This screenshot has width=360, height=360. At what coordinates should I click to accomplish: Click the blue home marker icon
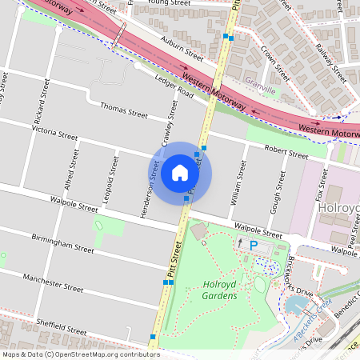pos(180,173)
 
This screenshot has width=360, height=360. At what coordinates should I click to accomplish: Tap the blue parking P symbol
pos(254,246)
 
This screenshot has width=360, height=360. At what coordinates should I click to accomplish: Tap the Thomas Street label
pos(123,110)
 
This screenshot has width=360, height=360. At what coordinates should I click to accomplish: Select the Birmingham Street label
pos(62,243)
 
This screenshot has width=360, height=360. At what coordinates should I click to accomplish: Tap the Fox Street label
pos(322,192)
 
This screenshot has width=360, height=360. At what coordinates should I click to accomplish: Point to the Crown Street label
pos(274,62)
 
